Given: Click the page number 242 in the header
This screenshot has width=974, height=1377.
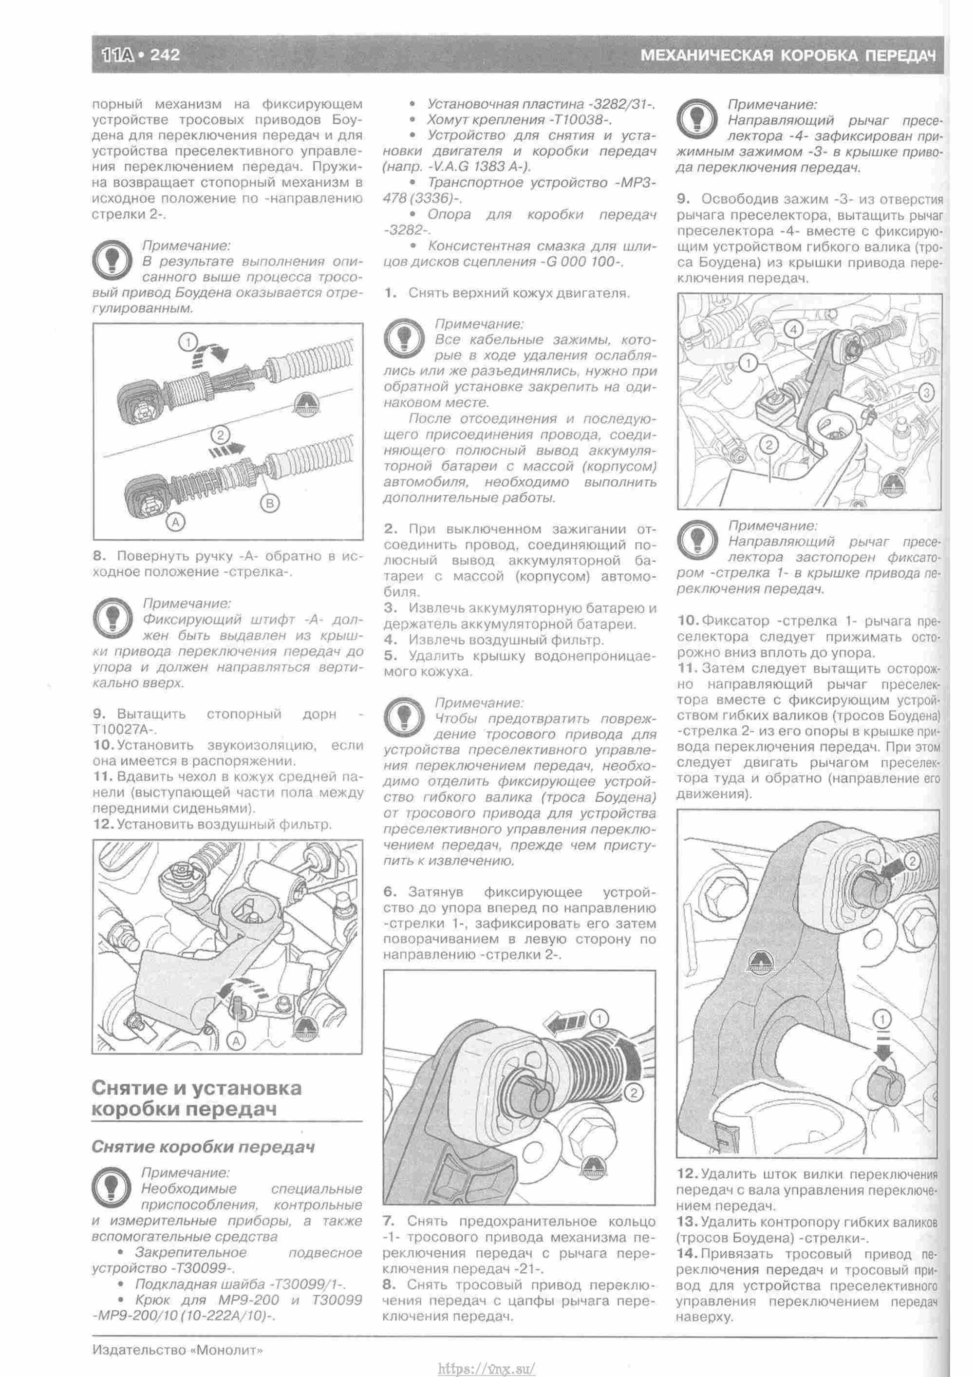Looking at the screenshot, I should (165, 55).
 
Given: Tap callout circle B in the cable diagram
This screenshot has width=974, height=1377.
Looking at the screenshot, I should (269, 503).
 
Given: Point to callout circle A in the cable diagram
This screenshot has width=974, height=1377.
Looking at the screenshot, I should (175, 522).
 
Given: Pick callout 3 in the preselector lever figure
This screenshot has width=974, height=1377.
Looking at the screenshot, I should (926, 393).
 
